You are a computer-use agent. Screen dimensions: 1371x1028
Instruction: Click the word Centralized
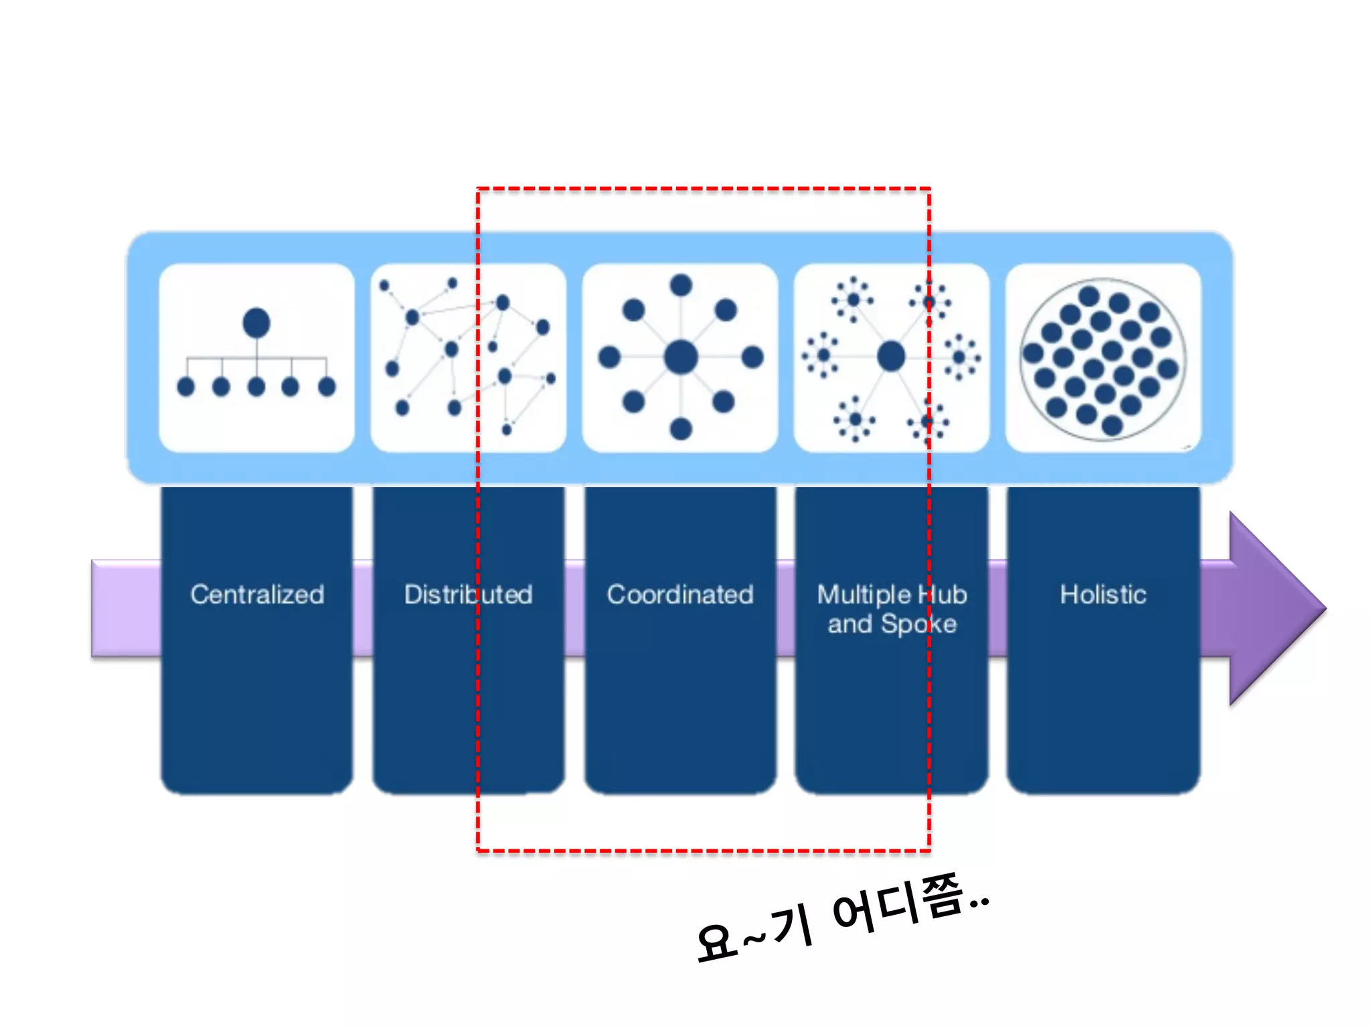[257, 594]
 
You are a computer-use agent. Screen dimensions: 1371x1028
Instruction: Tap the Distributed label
[468, 594]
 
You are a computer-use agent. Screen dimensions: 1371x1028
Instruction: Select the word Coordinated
[680, 594]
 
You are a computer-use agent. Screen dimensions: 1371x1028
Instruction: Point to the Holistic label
[1103, 594]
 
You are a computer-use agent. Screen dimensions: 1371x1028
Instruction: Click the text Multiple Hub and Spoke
[892, 609]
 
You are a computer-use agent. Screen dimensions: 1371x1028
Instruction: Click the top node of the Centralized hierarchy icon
[256, 323]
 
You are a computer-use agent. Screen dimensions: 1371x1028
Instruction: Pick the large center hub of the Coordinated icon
[681, 357]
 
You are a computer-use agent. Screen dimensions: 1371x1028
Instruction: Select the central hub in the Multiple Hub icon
[891, 356]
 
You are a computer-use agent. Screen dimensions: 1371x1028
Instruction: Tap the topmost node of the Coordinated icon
[681, 286]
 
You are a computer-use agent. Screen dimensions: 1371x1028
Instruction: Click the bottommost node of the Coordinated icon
[681, 428]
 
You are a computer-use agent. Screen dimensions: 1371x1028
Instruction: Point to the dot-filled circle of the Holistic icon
[1103, 359]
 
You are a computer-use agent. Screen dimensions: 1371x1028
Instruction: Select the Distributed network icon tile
[468, 358]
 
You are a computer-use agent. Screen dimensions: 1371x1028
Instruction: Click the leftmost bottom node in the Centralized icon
[186, 387]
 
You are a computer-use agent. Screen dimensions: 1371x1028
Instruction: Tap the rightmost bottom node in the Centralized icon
[327, 387]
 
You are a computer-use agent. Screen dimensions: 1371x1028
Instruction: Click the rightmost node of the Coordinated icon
[752, 357]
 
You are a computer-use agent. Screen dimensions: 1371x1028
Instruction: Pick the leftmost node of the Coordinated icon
[609, 357]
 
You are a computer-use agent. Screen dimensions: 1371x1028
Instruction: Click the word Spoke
[918, 624]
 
